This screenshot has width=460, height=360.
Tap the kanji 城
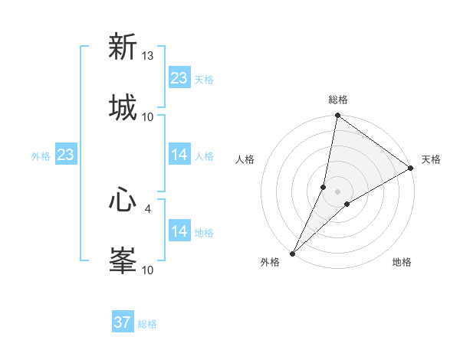point(123,107)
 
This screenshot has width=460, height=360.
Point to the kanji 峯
point(123,260)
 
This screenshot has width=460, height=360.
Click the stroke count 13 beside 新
point(148,56)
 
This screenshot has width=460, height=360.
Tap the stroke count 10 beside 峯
point(148,270)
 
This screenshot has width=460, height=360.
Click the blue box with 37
point(123,322)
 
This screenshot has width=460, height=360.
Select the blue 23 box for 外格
point(65,155)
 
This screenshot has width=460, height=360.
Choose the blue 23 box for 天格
point(179,78)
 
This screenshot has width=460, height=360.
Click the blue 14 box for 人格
point(179,155)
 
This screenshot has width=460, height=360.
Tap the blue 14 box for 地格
point(179,231)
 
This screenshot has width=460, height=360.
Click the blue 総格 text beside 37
point(147,324)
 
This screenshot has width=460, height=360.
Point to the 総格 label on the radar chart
point(338,100)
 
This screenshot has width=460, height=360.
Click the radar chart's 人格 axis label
point(245,159)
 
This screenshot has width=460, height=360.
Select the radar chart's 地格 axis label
point(402,263)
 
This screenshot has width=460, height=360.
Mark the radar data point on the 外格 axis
point(293,253)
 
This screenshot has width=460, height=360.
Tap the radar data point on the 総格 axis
point(338,116)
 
